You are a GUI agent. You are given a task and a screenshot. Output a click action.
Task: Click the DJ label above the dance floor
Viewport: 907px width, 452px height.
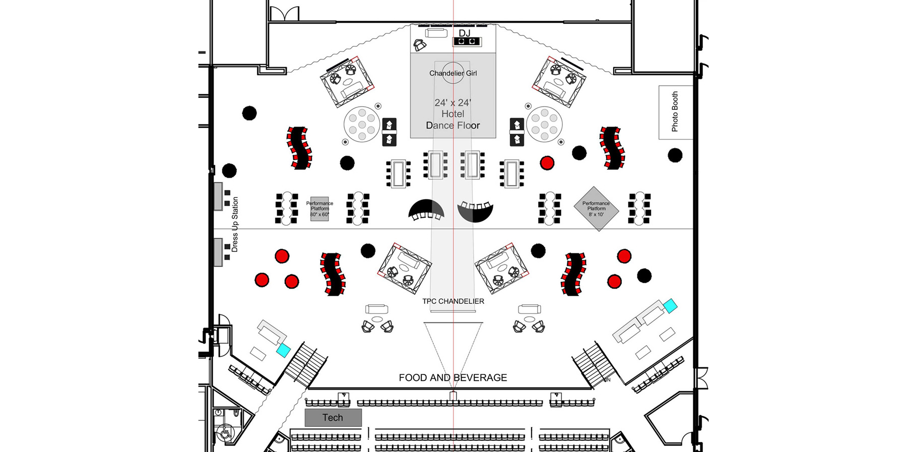[x=464, y=33]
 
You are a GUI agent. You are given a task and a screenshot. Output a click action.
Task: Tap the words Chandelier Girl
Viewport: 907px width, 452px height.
[x=452, y=73]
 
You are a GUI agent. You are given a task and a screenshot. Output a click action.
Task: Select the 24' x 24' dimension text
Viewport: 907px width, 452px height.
[x=452, y=103]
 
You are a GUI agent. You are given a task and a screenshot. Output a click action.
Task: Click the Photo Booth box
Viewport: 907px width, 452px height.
[x=675, y=112]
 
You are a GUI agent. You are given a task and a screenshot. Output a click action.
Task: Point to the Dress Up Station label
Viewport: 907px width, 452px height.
[x=235, y=224]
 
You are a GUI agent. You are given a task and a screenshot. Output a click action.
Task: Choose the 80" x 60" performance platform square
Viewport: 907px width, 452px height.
[x=319, y=209]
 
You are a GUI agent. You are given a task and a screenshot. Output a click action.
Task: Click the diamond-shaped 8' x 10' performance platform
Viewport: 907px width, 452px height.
[x=596, y=209]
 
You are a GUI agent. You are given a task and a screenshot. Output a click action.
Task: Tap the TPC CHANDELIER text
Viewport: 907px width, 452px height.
[x=453, y=301]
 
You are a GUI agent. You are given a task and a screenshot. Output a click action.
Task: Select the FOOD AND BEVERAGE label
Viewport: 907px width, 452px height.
[x=452, y=377]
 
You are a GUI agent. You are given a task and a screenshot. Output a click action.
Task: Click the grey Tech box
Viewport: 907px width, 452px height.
[x=333, y=417]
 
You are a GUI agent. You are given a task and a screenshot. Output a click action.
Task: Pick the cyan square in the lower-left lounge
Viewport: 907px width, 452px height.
[x=284, y=350]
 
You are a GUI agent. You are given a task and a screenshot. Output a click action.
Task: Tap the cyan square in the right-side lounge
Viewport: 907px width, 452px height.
[x=670, y=306]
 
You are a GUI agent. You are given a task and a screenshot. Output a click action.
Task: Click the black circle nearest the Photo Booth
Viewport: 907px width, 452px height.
[x=675, y=155]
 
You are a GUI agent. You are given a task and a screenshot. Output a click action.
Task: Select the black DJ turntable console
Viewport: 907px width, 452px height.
[x=466, y=41]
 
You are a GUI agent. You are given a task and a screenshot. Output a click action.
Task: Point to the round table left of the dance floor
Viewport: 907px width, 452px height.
[x=362, y=124]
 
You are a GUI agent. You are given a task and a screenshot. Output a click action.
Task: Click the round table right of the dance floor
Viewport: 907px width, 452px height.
[x=544, y=123]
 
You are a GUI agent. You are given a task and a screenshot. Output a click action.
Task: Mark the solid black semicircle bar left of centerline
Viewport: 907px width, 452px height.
[x=426, y=209]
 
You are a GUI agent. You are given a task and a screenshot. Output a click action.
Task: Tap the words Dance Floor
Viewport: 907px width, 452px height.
[x=452, y=125]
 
